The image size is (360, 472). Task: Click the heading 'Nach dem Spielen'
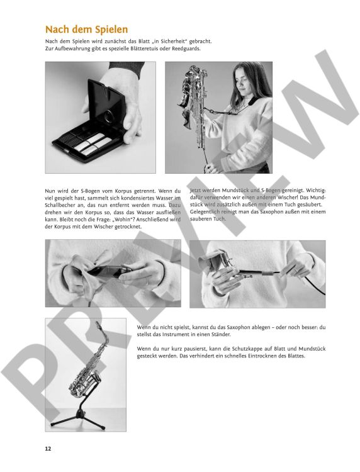86,30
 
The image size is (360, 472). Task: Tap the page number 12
48,449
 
